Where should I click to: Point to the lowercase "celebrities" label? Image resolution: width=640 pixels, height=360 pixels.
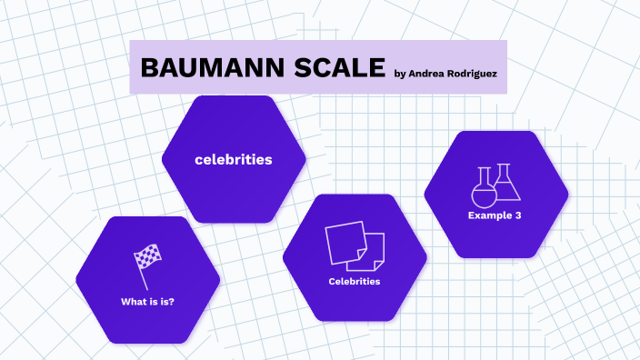pyautogui.click(x=234, y=159)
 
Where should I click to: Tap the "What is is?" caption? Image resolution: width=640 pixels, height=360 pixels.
pyautogui.click(x=147, y=301)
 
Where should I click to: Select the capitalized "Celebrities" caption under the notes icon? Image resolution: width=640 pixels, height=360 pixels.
pyautogui.click(x=355, y=281)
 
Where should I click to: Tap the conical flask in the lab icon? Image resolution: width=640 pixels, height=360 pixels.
pyautogui.click(x=506, y=184)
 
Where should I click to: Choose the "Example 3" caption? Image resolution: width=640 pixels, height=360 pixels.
pyautogui.click(x=495, y=215)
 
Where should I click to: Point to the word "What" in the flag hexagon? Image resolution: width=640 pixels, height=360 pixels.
pyautogui.click(x=132, y=301)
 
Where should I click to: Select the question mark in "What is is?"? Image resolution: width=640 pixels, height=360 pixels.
pyautogui.click(x=172, y=301)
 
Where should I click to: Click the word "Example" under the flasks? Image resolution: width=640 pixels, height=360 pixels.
pyautogui.click(x=489, y=215)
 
